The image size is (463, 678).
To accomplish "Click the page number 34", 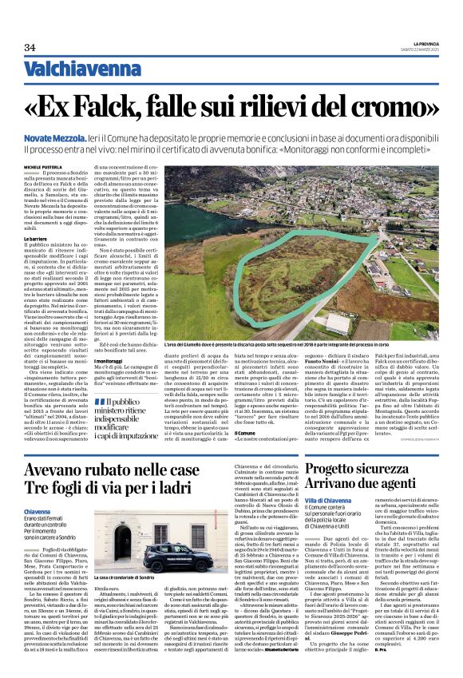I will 30,48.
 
